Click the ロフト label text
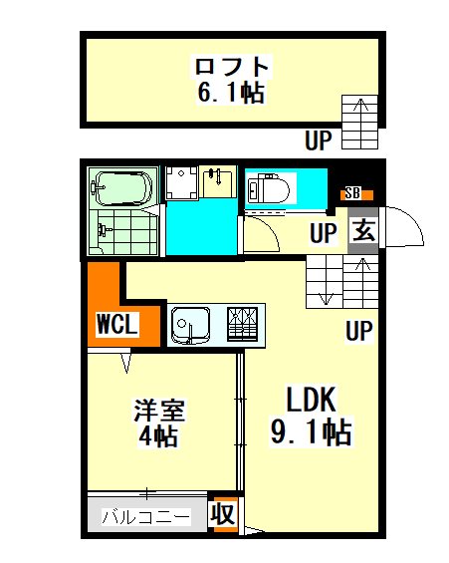click(x=232, y=66)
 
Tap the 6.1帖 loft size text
click(x=231, y=93)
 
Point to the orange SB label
click(x=356, y=194)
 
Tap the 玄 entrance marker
click(x=363, y=231)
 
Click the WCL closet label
click(x=116, y=324)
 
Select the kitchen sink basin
click(x=190, y=325)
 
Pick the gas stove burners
click(x=243, y=324)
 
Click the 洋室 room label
click(x=159, y=410)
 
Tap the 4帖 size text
click(x=158, y=435)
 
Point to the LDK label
click(x=311, y=399)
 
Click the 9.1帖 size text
click(x=311, y=432)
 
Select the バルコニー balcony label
click(x=145, y=517)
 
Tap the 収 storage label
click(x=223, y=515)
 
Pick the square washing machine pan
click(x=182, y=182)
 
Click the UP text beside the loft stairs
click(x=319, y=141)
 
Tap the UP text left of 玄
click(x=324, y=233)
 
